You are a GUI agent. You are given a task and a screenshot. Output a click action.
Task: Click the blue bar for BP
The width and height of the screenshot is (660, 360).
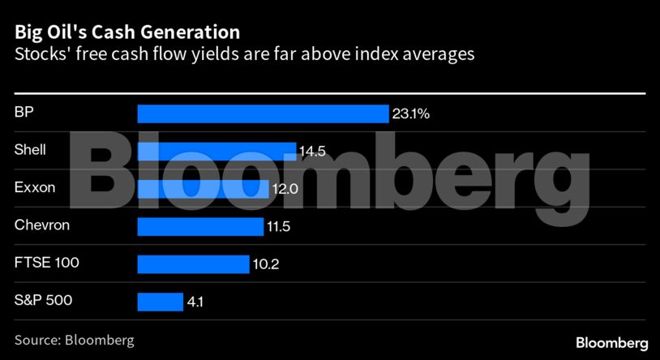pyautogui.click(x=263, y=114)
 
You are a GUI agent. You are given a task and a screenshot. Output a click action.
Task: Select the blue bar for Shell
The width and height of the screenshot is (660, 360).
pyautogui.click(x=216, y=152)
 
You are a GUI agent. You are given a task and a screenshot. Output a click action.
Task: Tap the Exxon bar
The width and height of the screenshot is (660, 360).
pyautogui.click(x=203, y=189)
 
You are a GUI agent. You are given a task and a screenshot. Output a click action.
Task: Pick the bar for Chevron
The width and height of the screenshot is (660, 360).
pyautogui.click(x=200, y=227)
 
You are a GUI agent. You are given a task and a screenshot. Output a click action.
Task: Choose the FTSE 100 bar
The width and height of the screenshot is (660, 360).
pyautogui.click(x=193, y=264)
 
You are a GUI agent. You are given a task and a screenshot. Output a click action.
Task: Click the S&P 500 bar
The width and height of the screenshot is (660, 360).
pyautogui.click(x=160, y=302)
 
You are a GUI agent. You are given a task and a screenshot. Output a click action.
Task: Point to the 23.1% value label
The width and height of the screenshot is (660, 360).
pyautogui.click(x=410, y=114)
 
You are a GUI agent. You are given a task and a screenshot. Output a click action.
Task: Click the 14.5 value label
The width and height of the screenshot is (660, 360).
pyautogui.click(x=311, y=152)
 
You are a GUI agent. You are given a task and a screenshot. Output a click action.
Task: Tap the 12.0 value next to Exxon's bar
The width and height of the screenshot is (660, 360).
pyautogui.click(x=284, y=189)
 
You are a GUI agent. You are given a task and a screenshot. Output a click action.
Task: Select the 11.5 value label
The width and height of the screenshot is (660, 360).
pyautogui.click(x=279, y=227)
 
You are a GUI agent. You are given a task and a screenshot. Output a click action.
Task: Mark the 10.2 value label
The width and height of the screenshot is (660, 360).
pyautogui.click(x=264, y=264)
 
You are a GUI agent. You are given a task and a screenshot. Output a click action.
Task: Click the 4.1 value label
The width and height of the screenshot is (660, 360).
pyautogui.click(x=195, y=302)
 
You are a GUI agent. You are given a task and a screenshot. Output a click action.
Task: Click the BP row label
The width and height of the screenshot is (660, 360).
pyautogui.click(x=24, y=112)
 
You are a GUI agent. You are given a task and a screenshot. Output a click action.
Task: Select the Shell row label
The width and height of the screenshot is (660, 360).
pyautogui.click(x=30, y=149)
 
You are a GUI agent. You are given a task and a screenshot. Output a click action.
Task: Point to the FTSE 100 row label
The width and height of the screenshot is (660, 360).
pyautogui.click(x=46, y=262)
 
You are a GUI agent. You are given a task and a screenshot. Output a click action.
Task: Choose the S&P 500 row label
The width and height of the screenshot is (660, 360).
pyautogui.click(x=43, y=300)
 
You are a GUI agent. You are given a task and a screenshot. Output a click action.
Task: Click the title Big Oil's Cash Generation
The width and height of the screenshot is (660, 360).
pyautogui.click(x=126, y=32)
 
